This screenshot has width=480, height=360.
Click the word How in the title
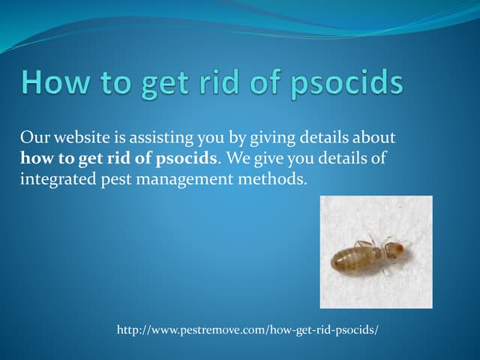click(56, 82)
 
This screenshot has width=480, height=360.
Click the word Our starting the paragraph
click(34, 138)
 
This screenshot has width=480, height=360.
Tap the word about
click(373, 138)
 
